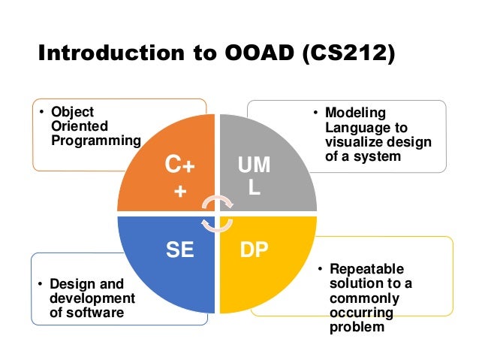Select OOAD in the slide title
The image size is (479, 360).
pyautogui.click(x=252, y=55)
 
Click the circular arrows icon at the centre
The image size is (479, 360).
pyautogui.click(x=218, y=213)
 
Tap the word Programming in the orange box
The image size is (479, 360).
pyautogui.click(x=95, y=140)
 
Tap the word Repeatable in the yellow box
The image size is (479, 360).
pyautogui.click(x=366, y=269)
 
